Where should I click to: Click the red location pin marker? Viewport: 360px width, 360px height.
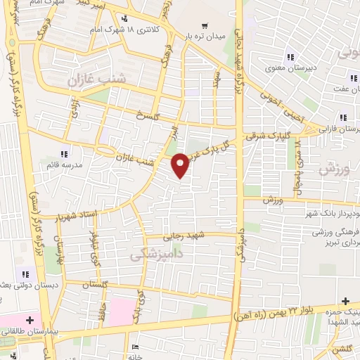(x=181, y=165)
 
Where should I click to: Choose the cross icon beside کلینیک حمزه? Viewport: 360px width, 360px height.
(x=345, y=301)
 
